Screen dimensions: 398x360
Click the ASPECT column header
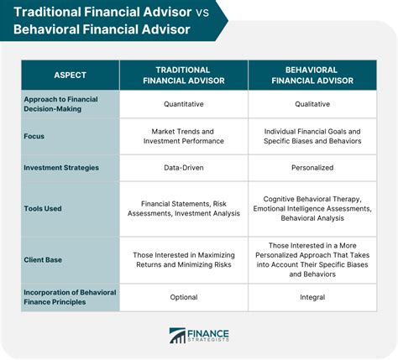70,75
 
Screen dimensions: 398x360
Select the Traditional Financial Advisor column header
184,76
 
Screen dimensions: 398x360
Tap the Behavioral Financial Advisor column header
312,76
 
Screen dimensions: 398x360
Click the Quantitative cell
184,104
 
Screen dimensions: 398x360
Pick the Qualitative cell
312,104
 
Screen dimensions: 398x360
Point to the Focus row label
34,136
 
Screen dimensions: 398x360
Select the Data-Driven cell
184,168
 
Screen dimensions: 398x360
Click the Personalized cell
312,168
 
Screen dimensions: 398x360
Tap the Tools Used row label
43,208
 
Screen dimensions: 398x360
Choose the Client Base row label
43,260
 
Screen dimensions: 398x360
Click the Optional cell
184,297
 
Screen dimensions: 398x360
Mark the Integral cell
312,297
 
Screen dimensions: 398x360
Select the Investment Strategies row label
61,168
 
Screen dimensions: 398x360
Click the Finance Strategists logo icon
177,336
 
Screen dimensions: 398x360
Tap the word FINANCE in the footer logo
208,333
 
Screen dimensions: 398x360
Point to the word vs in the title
202,13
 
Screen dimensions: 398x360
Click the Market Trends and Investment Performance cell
184,136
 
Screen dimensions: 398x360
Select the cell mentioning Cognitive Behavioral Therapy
312,208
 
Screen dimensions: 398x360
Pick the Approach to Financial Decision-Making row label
60,104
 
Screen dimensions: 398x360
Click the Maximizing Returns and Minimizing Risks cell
184,260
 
